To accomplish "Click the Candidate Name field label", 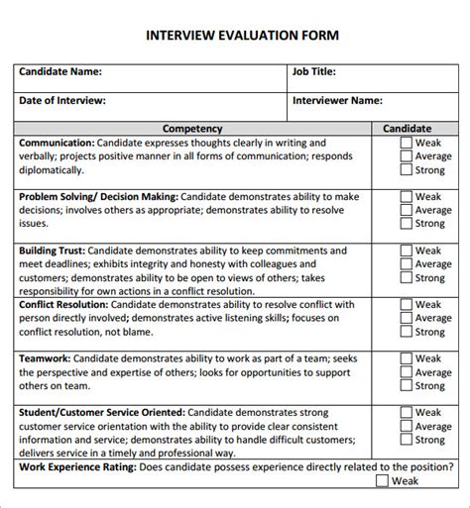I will (60, 72).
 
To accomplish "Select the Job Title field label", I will (314, 72).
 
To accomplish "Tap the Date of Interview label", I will (62, 101).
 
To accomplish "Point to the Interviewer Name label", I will (337, 101).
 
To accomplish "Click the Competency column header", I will (191, 129).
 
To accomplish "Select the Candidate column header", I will (407, 129).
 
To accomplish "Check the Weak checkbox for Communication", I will (406, 143).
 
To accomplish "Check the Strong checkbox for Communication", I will (406, 169).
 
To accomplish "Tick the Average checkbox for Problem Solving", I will (406, 210).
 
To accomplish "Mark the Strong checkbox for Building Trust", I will (406, 278).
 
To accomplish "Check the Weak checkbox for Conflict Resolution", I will (406, 305).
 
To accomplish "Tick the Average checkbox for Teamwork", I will (406, 372).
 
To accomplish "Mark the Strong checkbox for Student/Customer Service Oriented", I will (406, 440).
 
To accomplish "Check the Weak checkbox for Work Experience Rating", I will (382, 481).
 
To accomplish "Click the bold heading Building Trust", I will (52, 252).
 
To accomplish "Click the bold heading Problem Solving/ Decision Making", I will (98, 197).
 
